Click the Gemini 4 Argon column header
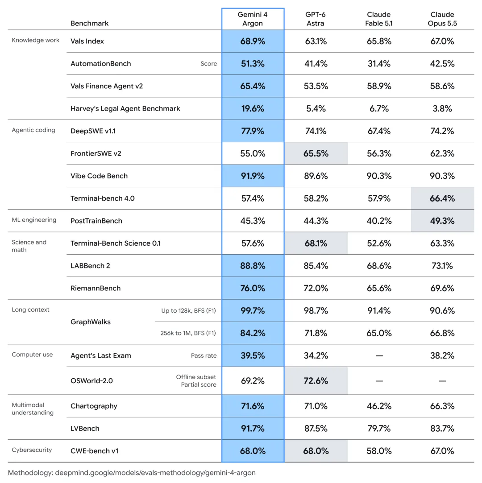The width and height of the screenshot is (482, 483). coord(253,19)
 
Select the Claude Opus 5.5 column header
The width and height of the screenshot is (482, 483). coord(442,19)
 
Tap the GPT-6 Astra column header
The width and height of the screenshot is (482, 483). coord(315,19)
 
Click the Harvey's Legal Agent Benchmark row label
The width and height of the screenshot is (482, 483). coord(125,108)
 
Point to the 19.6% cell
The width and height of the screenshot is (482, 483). coord(253,108)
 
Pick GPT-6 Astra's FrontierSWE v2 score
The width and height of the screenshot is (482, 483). coord(316,153)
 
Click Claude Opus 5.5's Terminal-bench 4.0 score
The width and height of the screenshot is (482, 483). coord(442,198)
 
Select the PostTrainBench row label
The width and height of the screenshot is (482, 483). coord(96,221)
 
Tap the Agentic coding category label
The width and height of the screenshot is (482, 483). coord(33,130)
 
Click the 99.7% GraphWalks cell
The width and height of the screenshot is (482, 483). coord(253,310)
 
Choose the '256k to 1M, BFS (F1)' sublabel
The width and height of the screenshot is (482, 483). coord(188,333)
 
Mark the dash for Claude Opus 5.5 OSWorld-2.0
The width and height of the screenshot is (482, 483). coord(442,381)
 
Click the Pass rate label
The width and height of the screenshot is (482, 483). coord(204,355)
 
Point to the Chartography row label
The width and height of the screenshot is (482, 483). coord(94,406)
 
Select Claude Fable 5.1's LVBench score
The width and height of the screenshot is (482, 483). coord(379,429)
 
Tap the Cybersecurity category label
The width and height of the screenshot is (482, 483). coord(32,450)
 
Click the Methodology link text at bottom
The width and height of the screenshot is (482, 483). coord(132,473)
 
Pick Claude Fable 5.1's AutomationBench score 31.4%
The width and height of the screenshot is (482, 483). coord(379,63)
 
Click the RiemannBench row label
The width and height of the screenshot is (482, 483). coord(96,288)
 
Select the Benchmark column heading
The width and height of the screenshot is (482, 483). coord(89,23)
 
